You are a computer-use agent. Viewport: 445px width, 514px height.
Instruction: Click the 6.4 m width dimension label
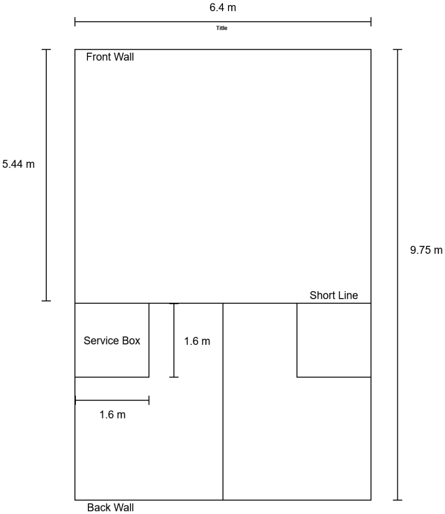coord(223,8)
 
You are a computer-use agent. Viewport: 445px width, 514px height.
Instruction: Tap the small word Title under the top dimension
coord(221,29)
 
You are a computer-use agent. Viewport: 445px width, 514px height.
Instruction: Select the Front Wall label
coord(110,57)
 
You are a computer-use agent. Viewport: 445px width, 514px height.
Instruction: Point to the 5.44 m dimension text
coord(19,164)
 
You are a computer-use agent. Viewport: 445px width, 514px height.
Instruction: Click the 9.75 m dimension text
coord(426,250)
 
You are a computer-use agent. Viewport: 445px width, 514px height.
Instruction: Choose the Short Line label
coord(333,295)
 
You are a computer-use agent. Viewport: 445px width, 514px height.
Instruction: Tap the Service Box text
coord(112,341)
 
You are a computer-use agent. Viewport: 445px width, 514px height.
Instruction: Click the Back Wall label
coord(110,507)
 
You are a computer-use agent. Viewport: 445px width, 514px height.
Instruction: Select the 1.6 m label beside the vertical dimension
coord(197,342)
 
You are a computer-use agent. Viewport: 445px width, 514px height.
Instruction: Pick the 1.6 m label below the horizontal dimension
coord(113,415)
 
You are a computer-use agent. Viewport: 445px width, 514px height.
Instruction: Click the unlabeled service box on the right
coord(333,340)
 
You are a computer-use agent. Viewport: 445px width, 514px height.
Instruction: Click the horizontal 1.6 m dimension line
coord(112,400)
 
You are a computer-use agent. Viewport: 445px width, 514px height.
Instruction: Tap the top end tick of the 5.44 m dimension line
coord(46,50)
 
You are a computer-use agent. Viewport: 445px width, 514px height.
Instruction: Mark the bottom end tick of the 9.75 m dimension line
coord(398,500)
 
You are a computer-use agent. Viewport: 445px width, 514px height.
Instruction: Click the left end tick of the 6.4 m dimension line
coord(75,22)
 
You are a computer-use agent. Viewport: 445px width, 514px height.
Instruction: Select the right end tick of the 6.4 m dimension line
coord(371,22)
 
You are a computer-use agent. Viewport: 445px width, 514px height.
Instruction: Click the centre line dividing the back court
coord(223,427)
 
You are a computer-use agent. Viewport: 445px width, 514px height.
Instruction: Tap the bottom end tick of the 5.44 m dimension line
coord(46,301)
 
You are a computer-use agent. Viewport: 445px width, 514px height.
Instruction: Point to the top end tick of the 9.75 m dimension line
coord(398,50)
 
